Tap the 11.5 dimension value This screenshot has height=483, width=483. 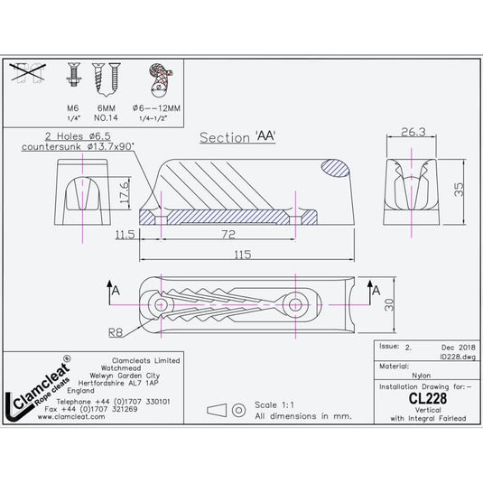point(125,235)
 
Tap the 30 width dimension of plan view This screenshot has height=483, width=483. point(389,306)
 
